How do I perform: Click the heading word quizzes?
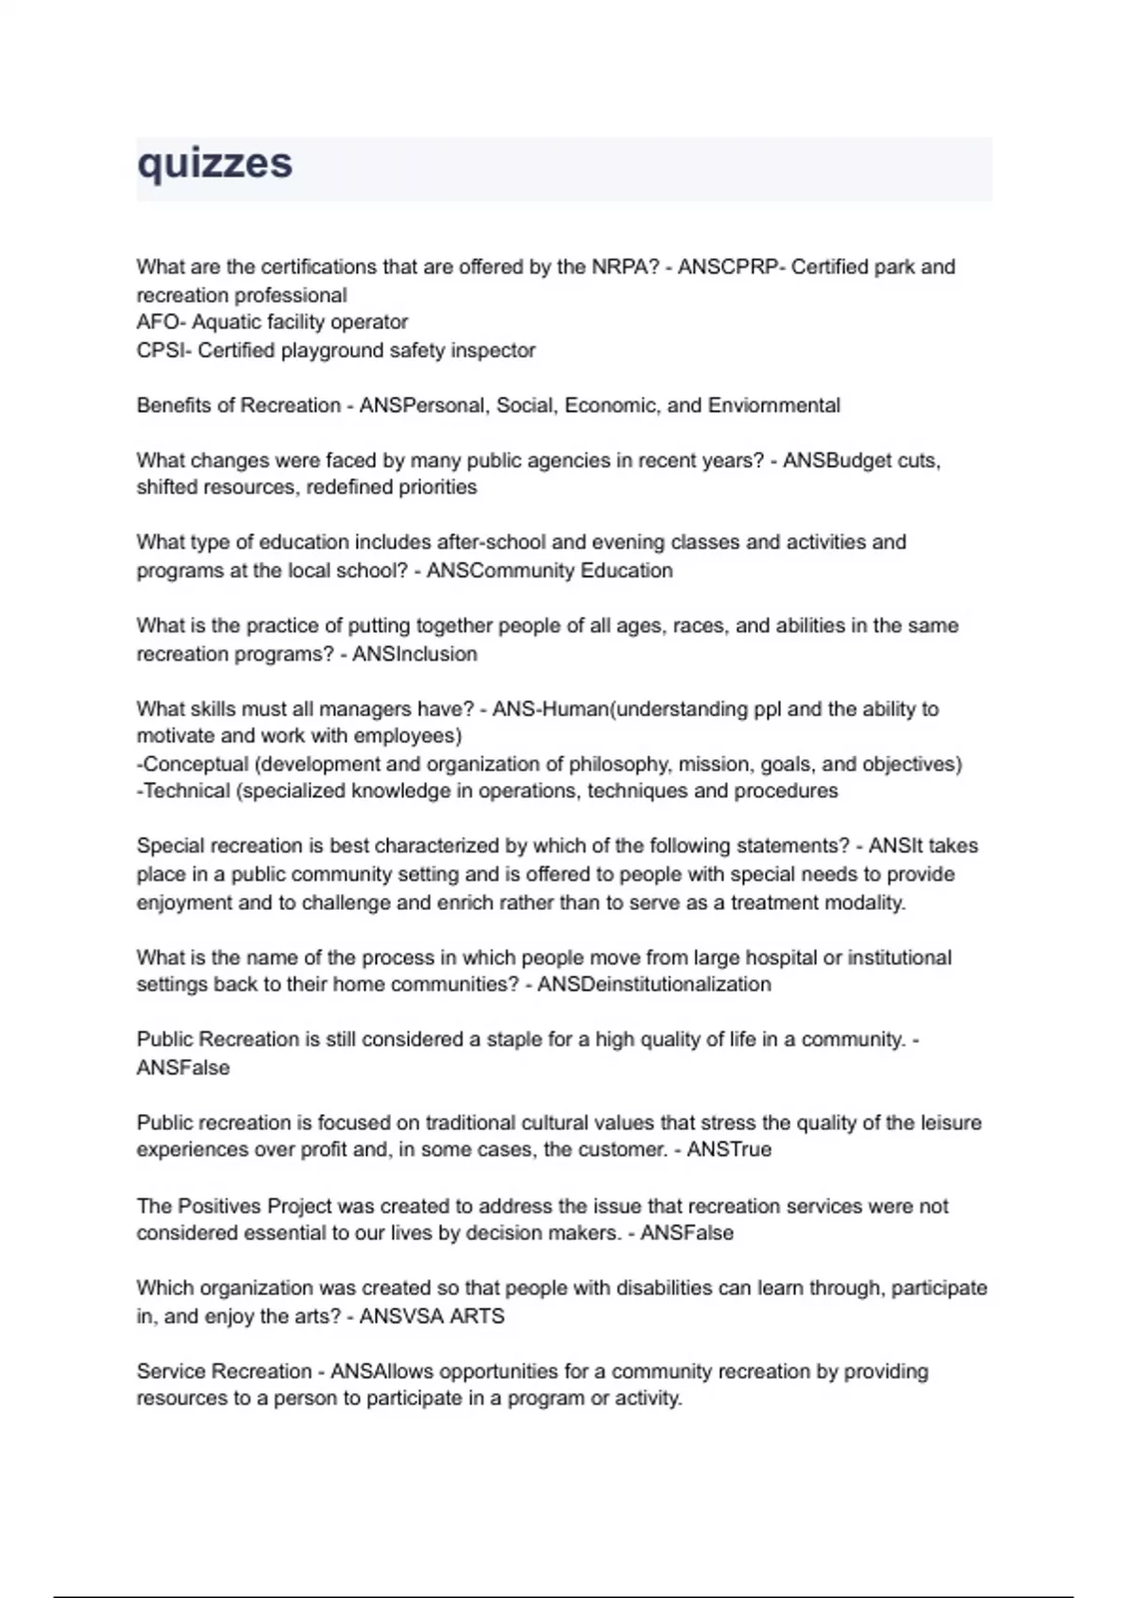(214, 164)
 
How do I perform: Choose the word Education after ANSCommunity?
(627, 571)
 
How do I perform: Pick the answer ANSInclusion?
(415, 654)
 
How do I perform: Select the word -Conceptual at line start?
(193, 764)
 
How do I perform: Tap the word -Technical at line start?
(183, 791)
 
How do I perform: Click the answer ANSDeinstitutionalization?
(654, 985)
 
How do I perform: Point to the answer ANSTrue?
(728, 1150)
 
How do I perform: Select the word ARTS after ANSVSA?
(477, 1316)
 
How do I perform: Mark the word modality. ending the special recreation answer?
(865, 903)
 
